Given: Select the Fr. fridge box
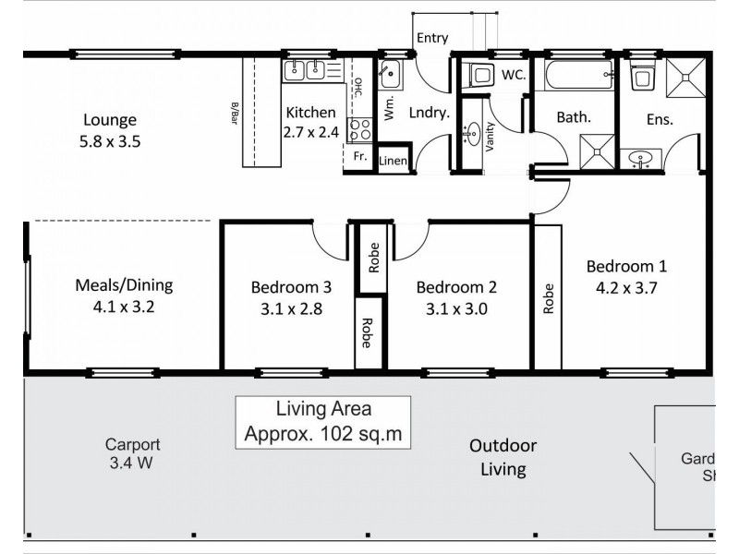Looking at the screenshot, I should [x=360, y=157].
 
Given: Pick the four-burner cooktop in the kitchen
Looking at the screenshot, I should [x=358, y=129].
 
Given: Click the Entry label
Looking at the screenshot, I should [x=432, y=38].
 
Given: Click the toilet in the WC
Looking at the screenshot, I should [x=479, y=75].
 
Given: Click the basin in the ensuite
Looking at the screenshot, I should [x=640, y=160].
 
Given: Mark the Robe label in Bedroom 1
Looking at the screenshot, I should [x=548, y=298].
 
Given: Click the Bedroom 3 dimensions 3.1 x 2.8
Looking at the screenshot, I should [x=291, y=309].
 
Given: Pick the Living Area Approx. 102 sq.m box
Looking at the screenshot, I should [x=323, y=421].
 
